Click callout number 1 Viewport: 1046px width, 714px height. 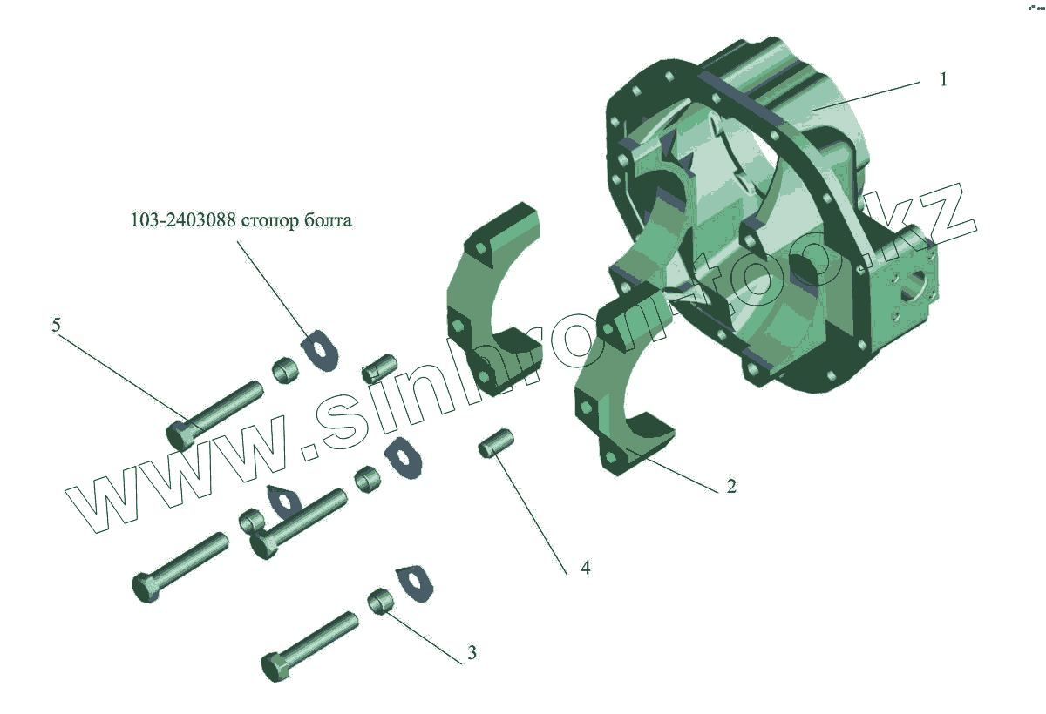(x=943, y=79)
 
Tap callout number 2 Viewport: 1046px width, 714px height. (x=731, y=486)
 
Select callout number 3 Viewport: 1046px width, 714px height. (x=472, y=652)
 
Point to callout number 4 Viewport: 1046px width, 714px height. (x=586, y=568)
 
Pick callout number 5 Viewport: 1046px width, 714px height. (x=56, y=325)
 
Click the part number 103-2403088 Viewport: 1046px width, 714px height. (x=183, y=219)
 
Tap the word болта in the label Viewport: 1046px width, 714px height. (x=328, y=219)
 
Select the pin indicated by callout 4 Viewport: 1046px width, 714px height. (x=496, y=443)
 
